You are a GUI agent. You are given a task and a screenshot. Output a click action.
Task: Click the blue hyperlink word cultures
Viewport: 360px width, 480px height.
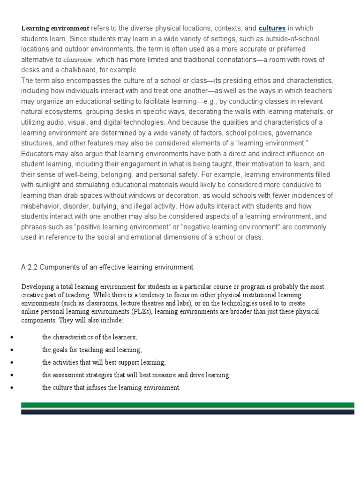[272, 28]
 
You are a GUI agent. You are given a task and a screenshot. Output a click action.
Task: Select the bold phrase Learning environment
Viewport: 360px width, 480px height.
[55, 28]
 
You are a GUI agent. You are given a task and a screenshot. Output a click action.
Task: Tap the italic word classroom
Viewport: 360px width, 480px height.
[77, 60]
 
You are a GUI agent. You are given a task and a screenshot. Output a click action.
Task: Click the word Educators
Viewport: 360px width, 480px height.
[38, 154]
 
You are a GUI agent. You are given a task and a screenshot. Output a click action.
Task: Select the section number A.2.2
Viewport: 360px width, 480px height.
[32, 267]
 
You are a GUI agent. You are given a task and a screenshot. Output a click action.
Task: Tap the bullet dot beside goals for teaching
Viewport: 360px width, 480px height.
[11, 350]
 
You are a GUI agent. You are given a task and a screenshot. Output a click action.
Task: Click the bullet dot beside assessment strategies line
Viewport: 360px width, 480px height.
[11, 375]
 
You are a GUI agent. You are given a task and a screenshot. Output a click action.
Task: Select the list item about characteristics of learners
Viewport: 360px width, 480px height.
[89, 337]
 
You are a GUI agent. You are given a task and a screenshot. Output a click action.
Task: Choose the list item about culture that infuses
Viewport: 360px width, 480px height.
[111, 388]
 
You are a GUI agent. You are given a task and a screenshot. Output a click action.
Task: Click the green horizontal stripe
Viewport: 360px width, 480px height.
[187, 405]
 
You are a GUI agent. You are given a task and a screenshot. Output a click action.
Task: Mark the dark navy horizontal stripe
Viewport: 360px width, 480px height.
[187, 412]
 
